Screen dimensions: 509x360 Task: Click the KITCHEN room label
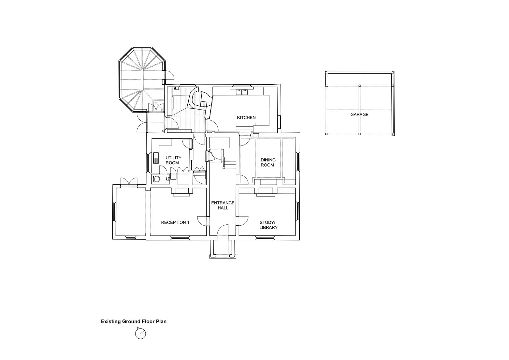(246, 117)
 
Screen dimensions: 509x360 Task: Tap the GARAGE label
(359, 115)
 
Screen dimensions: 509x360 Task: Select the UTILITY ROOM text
(173, 160)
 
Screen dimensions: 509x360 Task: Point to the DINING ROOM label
(268, 162)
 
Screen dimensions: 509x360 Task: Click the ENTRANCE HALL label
(223, 205)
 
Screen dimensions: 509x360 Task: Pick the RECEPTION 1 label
(175, 222)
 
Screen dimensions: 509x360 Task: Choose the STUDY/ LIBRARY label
(268, 225)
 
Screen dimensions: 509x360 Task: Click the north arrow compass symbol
(140, 333)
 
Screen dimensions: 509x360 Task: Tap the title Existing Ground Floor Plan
(134, 321)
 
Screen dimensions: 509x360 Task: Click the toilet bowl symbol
(157, 179)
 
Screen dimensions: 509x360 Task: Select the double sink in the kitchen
(241, 92)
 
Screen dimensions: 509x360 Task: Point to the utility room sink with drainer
(156, 158)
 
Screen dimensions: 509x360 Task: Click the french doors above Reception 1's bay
(129, 182)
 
